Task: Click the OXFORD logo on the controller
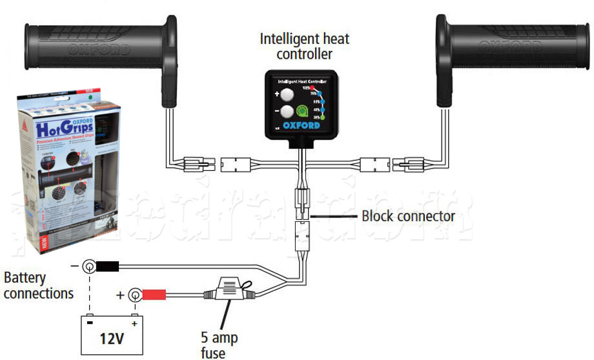[x=302, y=126]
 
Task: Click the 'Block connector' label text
[x=407, y=215]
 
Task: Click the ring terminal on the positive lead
[x=135, y=295]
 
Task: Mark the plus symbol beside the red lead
[x=120, y=295]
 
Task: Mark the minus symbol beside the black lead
[x=75, y=265]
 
